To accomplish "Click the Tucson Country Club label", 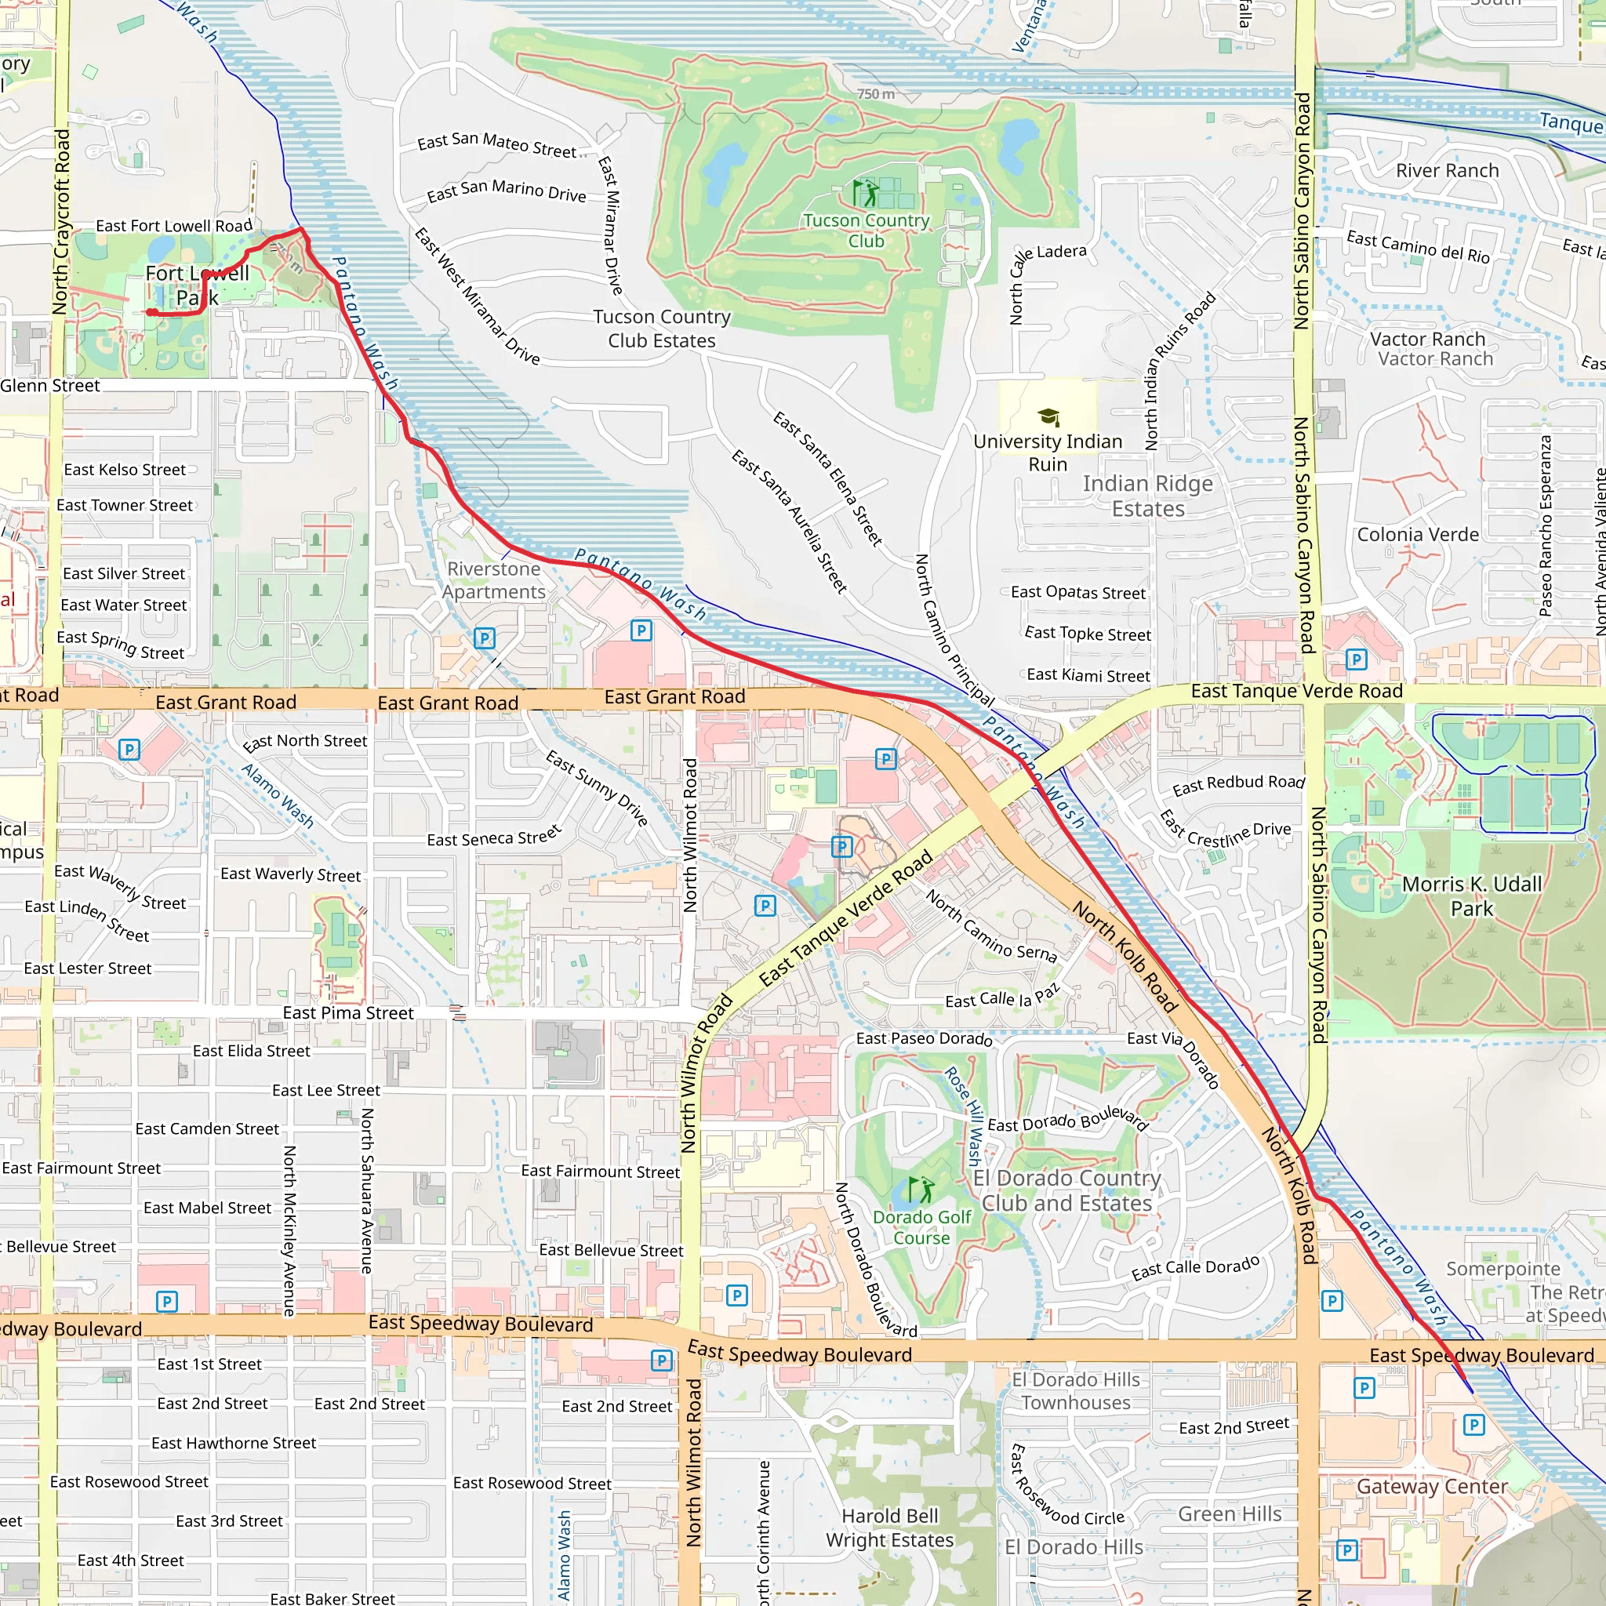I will (866, 231).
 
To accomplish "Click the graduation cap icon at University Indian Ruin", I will (1048, 416).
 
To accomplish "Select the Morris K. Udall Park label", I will (1471, 896).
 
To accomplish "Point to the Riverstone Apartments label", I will (494, 580).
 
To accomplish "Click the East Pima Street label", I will (347, 1012).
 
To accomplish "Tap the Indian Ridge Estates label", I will (1148, 496).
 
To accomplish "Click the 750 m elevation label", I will (875, 94).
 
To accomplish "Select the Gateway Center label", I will (1431, 1486).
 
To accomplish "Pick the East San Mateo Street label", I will (496, 144).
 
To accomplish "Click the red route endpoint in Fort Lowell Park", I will (151, 313).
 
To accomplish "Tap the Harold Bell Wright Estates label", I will (889, 1528).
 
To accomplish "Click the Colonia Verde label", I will (1417, 535).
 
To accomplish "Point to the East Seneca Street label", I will (494, 836).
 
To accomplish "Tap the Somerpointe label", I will (1503, 1269).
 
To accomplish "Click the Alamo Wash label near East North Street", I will (278, 795).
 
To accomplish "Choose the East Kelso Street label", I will (125, 470).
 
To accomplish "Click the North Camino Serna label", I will (991, 927).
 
